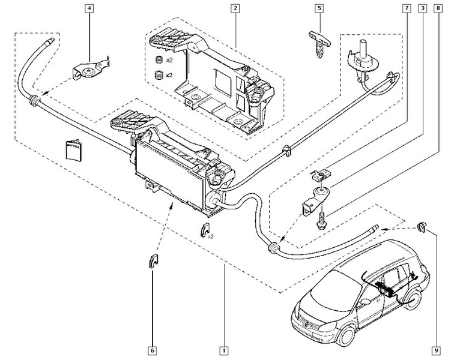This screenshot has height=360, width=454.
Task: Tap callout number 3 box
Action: point(424,8)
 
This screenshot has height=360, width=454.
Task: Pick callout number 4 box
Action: point(89,8)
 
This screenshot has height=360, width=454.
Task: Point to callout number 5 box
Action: point(319,8)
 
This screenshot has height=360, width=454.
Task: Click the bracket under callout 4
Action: point(89,71)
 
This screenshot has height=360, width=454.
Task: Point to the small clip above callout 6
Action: point(153,262)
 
